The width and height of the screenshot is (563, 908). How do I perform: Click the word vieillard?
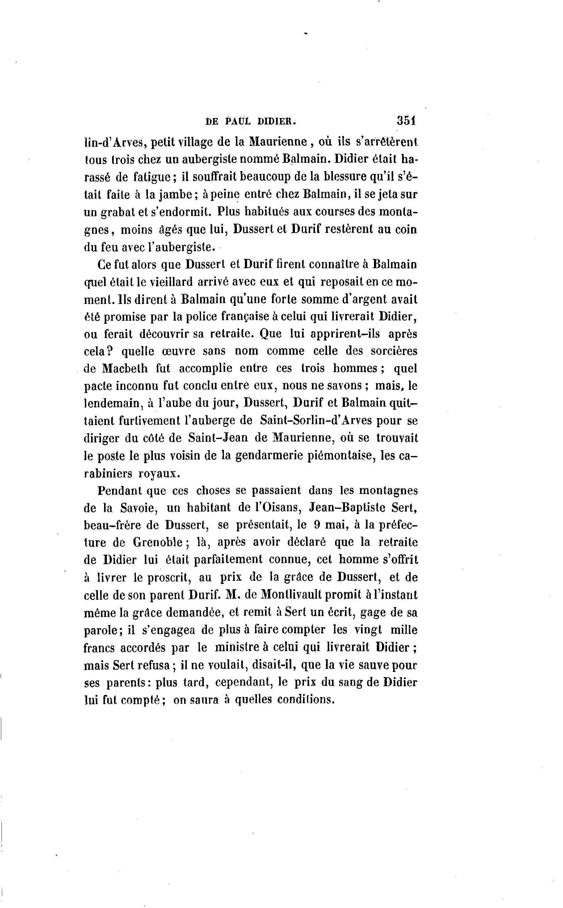point(171,282)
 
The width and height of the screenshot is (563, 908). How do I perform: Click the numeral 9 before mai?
point(317,525)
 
